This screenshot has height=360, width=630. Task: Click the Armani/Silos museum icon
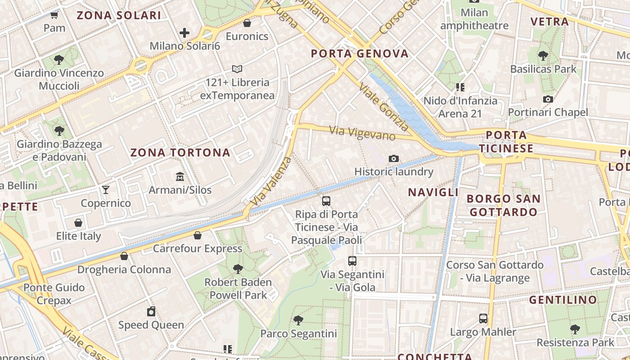[180, 176]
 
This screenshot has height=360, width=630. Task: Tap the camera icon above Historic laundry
[394, 158]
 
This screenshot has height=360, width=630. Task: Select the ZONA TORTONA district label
[180, 153]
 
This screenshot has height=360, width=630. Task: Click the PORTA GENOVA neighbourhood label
[360, 54]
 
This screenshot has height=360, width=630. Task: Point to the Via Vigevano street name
[362, 133]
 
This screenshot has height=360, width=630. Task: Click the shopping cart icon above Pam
[54, 15]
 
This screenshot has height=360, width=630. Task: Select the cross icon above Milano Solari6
[184, 33]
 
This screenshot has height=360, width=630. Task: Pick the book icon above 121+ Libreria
[237, 69]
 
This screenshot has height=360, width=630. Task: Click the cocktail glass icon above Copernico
[106, 190]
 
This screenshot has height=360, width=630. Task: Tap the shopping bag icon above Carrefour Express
[198, 235]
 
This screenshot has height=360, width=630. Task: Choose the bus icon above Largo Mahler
[483, 319]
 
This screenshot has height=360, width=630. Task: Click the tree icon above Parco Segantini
[298, 320]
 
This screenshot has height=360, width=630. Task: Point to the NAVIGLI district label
[433, 192]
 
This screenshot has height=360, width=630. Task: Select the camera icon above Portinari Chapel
[548, 99]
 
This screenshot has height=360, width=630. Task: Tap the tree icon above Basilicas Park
[543, 56]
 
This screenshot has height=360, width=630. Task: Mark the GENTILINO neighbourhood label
[562, 300]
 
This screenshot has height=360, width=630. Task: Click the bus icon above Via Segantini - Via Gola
[352, 261]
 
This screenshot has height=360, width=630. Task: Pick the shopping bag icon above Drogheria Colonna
[124, 256]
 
